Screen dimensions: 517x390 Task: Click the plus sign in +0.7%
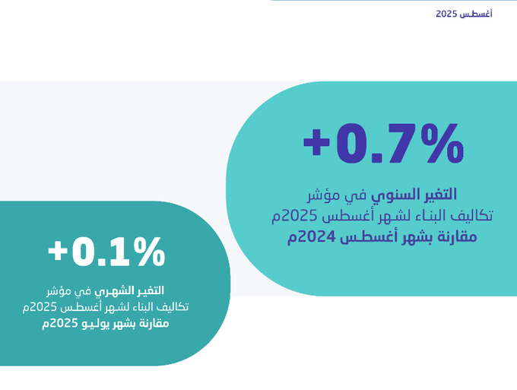316,143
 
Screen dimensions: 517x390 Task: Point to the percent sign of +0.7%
442,143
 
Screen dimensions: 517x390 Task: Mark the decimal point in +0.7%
376,157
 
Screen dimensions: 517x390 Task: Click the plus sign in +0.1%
58,252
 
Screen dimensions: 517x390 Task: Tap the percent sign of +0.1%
149,252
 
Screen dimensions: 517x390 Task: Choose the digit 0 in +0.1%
84,252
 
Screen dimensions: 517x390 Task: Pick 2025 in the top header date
446,14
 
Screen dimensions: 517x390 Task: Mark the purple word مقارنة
459,237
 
